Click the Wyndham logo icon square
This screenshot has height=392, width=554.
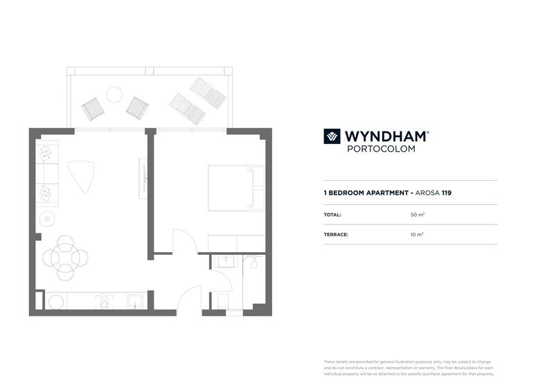(x=332, y=136)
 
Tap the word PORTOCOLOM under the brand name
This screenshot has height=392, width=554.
(x=380, y=149)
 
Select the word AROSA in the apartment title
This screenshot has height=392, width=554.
(x=429, y=193)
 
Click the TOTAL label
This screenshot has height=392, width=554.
(x=332, y=215)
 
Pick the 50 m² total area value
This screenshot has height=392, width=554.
(x=417, y=215)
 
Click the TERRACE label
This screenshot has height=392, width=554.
(x=336, y=235)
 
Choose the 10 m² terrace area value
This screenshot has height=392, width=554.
(x=417, y=235)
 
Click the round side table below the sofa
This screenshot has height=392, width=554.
(x=48, y=219)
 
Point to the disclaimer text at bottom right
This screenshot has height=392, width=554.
(x=409, y=368)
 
